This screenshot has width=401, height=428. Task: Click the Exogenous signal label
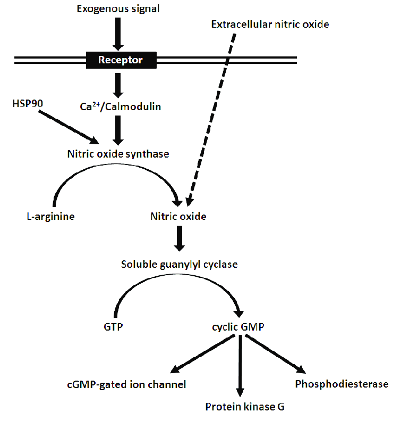coord(118,9)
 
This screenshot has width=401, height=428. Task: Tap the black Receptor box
coord(121,60)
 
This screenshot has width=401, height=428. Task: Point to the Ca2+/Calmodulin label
coord(120,106)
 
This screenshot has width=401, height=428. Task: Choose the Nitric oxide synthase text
coord(118,154)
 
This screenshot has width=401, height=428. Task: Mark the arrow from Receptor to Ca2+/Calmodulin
coord(118,83)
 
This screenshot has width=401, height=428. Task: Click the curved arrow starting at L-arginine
coord(112,176)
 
